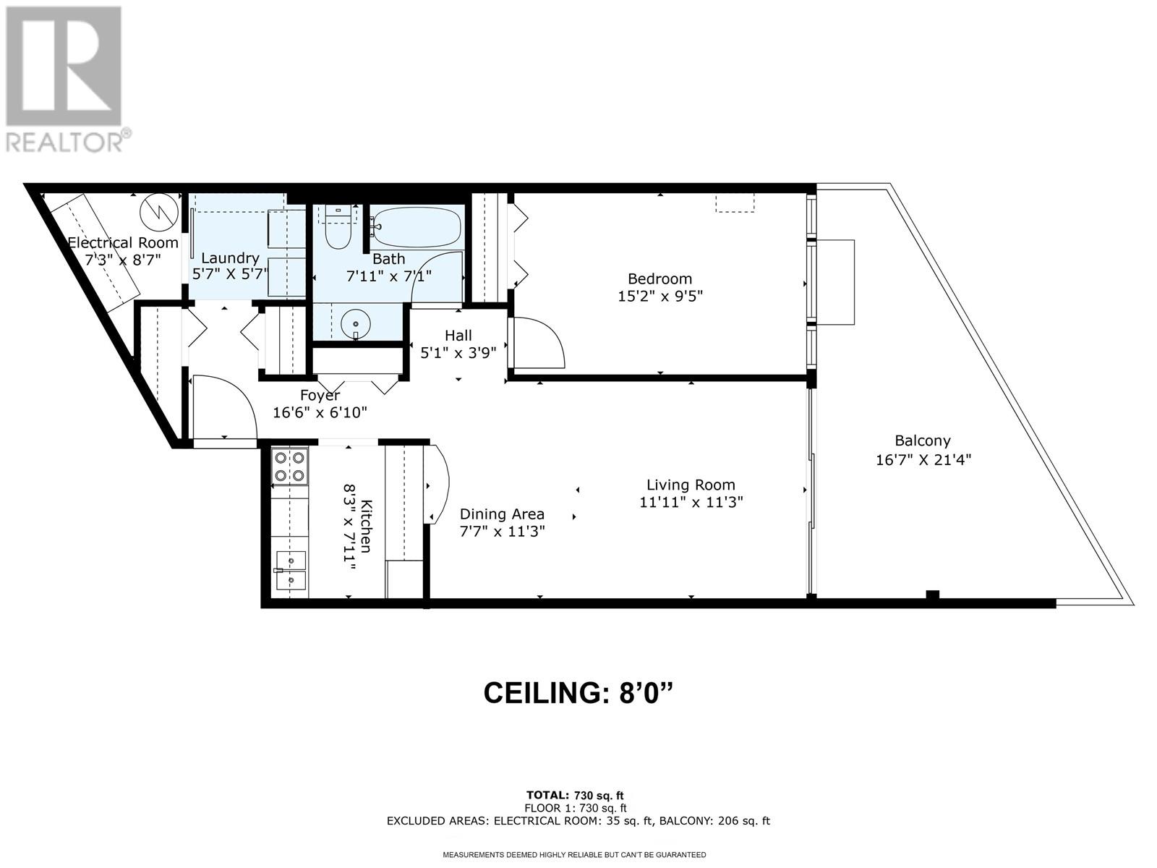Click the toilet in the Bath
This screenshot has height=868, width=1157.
click(x=338, y=228)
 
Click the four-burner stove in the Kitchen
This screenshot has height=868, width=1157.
click(x=290, y=467)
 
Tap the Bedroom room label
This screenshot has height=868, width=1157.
click(x=659, y=278)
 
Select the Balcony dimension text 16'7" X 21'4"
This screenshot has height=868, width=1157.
click(x=923, y=459)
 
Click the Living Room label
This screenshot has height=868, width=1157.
click(x=691, y=485)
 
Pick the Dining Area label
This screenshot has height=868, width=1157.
click(x=502, y=514)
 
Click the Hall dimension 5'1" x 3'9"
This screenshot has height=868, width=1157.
click(x=458, y=352)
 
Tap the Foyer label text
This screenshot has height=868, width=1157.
click(x=320, y=395)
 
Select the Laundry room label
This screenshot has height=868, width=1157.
click(x=231, y=258)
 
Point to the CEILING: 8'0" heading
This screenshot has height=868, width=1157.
click(x=578, y=693)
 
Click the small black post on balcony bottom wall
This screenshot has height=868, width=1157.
click(x=932, y=595)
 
